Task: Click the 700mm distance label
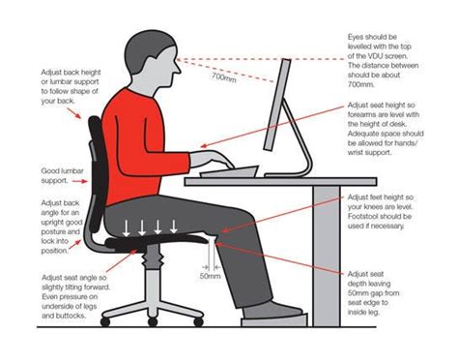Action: point(224,77)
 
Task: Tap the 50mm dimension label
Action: point(210,276)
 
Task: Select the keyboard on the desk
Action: point(229,171)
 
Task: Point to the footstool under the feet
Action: point(274,321)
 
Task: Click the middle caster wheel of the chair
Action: point(153,321)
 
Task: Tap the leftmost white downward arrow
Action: point(127,227)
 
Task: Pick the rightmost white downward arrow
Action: point(174,227)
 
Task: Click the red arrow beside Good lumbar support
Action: point(80,181)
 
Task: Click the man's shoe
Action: point(272,309)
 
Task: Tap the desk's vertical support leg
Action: point(327,256)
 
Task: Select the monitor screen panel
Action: point(277,105)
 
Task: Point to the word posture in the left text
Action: point(54,232)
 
